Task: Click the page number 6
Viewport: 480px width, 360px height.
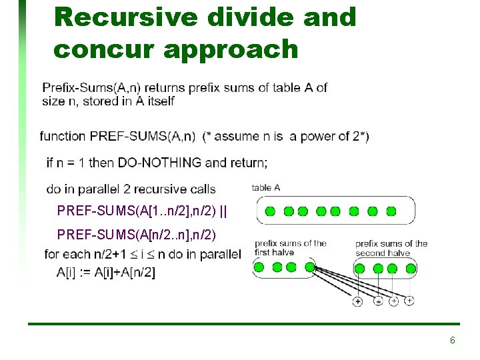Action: (453, 341)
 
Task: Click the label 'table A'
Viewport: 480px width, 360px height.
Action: (266, 188)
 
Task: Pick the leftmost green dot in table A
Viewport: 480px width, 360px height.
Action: (270, 211)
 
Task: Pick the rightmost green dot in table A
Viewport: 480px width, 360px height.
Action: (391, 211)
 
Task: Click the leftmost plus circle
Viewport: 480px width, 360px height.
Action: (357, 301)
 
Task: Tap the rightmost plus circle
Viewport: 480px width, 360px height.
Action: (409, 301)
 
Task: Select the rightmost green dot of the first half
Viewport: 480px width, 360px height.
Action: (291, 268)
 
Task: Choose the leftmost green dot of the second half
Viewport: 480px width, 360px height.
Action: (359, 269)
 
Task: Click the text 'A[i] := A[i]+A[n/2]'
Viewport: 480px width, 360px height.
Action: (106, 273)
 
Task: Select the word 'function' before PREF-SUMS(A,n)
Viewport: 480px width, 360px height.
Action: (63, 136)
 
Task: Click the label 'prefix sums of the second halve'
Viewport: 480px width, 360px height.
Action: (391, 248)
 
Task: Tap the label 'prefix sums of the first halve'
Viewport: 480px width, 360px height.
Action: (291, 248)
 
